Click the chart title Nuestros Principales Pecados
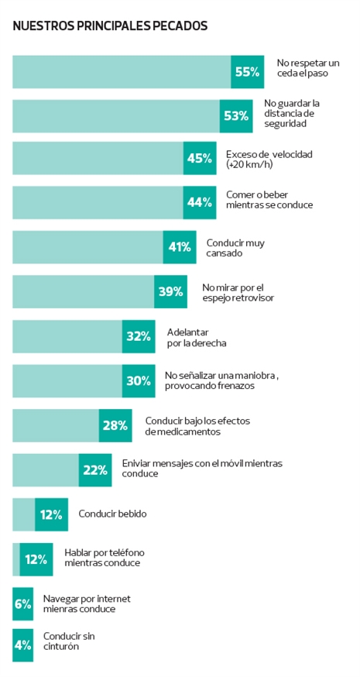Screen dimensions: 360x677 click(x=110, y=26)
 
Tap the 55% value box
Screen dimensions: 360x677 click(x=247, y=72)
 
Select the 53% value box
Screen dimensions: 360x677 click(x=236, y=116)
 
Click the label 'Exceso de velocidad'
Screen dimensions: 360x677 click(x=269, y=159)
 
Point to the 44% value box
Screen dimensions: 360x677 click(x=200, y=202)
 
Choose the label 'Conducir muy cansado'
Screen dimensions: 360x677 click(x=235, y=248)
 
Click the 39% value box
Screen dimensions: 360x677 click(x=170, y=292)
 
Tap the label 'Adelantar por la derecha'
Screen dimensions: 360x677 click(x=197, y=338)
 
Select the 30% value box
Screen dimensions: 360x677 click(x=139, y=381)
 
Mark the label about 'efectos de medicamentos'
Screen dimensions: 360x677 click(x=197, y=426)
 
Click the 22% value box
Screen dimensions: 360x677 click(x=95, y=470)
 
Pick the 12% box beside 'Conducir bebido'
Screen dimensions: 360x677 click(x=51, y=514)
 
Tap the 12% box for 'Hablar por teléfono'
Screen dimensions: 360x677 click(x=36, y=559)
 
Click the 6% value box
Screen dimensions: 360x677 click(x=23, y=604)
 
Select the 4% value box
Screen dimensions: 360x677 click(x=23, y=645)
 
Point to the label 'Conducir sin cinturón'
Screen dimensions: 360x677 click(x=69, y=641)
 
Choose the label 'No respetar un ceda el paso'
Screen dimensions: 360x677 click(x=308, y=68)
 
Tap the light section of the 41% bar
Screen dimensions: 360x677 click(x=87, y=247)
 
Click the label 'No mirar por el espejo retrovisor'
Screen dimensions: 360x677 click(x=238, y=292)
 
